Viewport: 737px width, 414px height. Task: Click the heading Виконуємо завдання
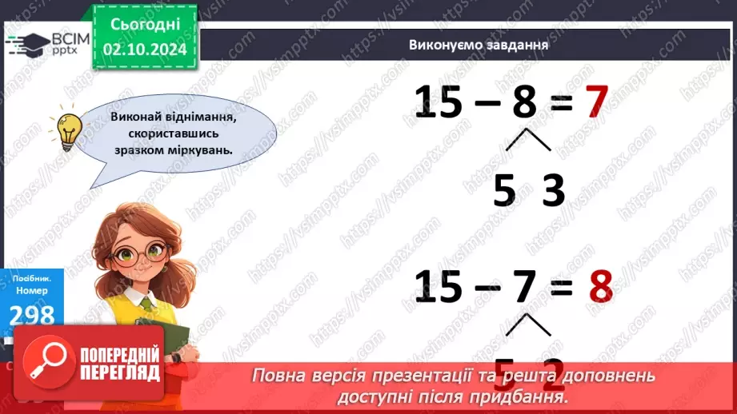click(x=478, y=45)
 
